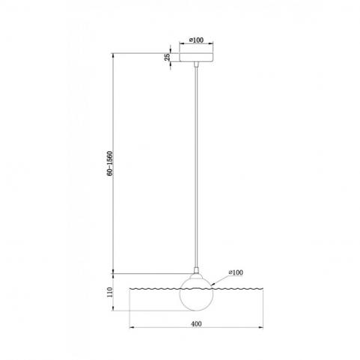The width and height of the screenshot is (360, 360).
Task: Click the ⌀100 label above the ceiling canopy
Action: pos(196,40)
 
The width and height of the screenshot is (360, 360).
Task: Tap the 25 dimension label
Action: pos(168,57)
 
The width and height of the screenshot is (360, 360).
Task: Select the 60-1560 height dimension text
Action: pos(110,163)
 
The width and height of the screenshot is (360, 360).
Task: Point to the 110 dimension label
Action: pos(110,292)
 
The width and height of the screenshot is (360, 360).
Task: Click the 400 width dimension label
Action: pos(196,324)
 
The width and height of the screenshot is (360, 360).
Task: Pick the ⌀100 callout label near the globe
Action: pos(236,272)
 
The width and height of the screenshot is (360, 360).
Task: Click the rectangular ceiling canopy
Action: pos(197,57)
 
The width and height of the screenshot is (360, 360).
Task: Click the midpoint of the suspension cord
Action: pos(197,167)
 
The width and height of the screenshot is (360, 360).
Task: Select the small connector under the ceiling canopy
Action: pos(197,64)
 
